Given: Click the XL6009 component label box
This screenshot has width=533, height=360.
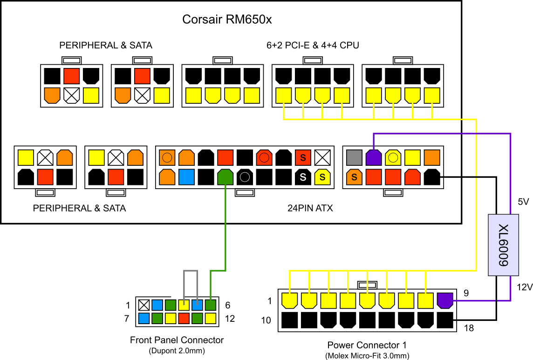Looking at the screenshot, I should (503, 245).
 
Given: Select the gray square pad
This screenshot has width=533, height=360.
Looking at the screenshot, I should (354, 157).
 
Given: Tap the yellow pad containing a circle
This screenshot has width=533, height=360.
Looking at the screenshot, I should (393, 157).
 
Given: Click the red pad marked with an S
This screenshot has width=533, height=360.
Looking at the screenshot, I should (303, 157).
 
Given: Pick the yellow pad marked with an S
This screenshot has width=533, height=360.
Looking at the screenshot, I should (322, 177).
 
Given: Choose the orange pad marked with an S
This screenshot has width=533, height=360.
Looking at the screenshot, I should (354, 177).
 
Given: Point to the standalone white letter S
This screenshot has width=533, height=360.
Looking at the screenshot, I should (303, 177).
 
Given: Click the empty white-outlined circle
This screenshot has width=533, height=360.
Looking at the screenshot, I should (245, 177).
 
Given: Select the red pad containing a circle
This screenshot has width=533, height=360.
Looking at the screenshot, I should (264, 157).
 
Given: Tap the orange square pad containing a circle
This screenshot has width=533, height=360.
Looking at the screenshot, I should (167, 157).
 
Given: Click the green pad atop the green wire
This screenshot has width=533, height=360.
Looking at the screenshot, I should (225, 177).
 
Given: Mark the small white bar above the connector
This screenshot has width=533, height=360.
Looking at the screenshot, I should (177, 297).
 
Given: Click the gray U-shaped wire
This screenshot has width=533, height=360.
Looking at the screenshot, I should (191, 271).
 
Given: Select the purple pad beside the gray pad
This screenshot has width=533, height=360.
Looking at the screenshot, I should (374, 157).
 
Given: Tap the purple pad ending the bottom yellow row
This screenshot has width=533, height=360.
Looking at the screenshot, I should (445, 300).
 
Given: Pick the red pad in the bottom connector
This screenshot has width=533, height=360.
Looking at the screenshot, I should (184, 319).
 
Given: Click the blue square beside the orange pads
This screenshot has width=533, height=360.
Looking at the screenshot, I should (186, 177).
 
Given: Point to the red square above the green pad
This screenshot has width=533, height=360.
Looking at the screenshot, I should (225, 157).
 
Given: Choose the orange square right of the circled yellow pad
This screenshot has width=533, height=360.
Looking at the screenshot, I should (432, 157).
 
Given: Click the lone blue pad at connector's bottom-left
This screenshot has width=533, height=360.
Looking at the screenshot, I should (144, 319).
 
